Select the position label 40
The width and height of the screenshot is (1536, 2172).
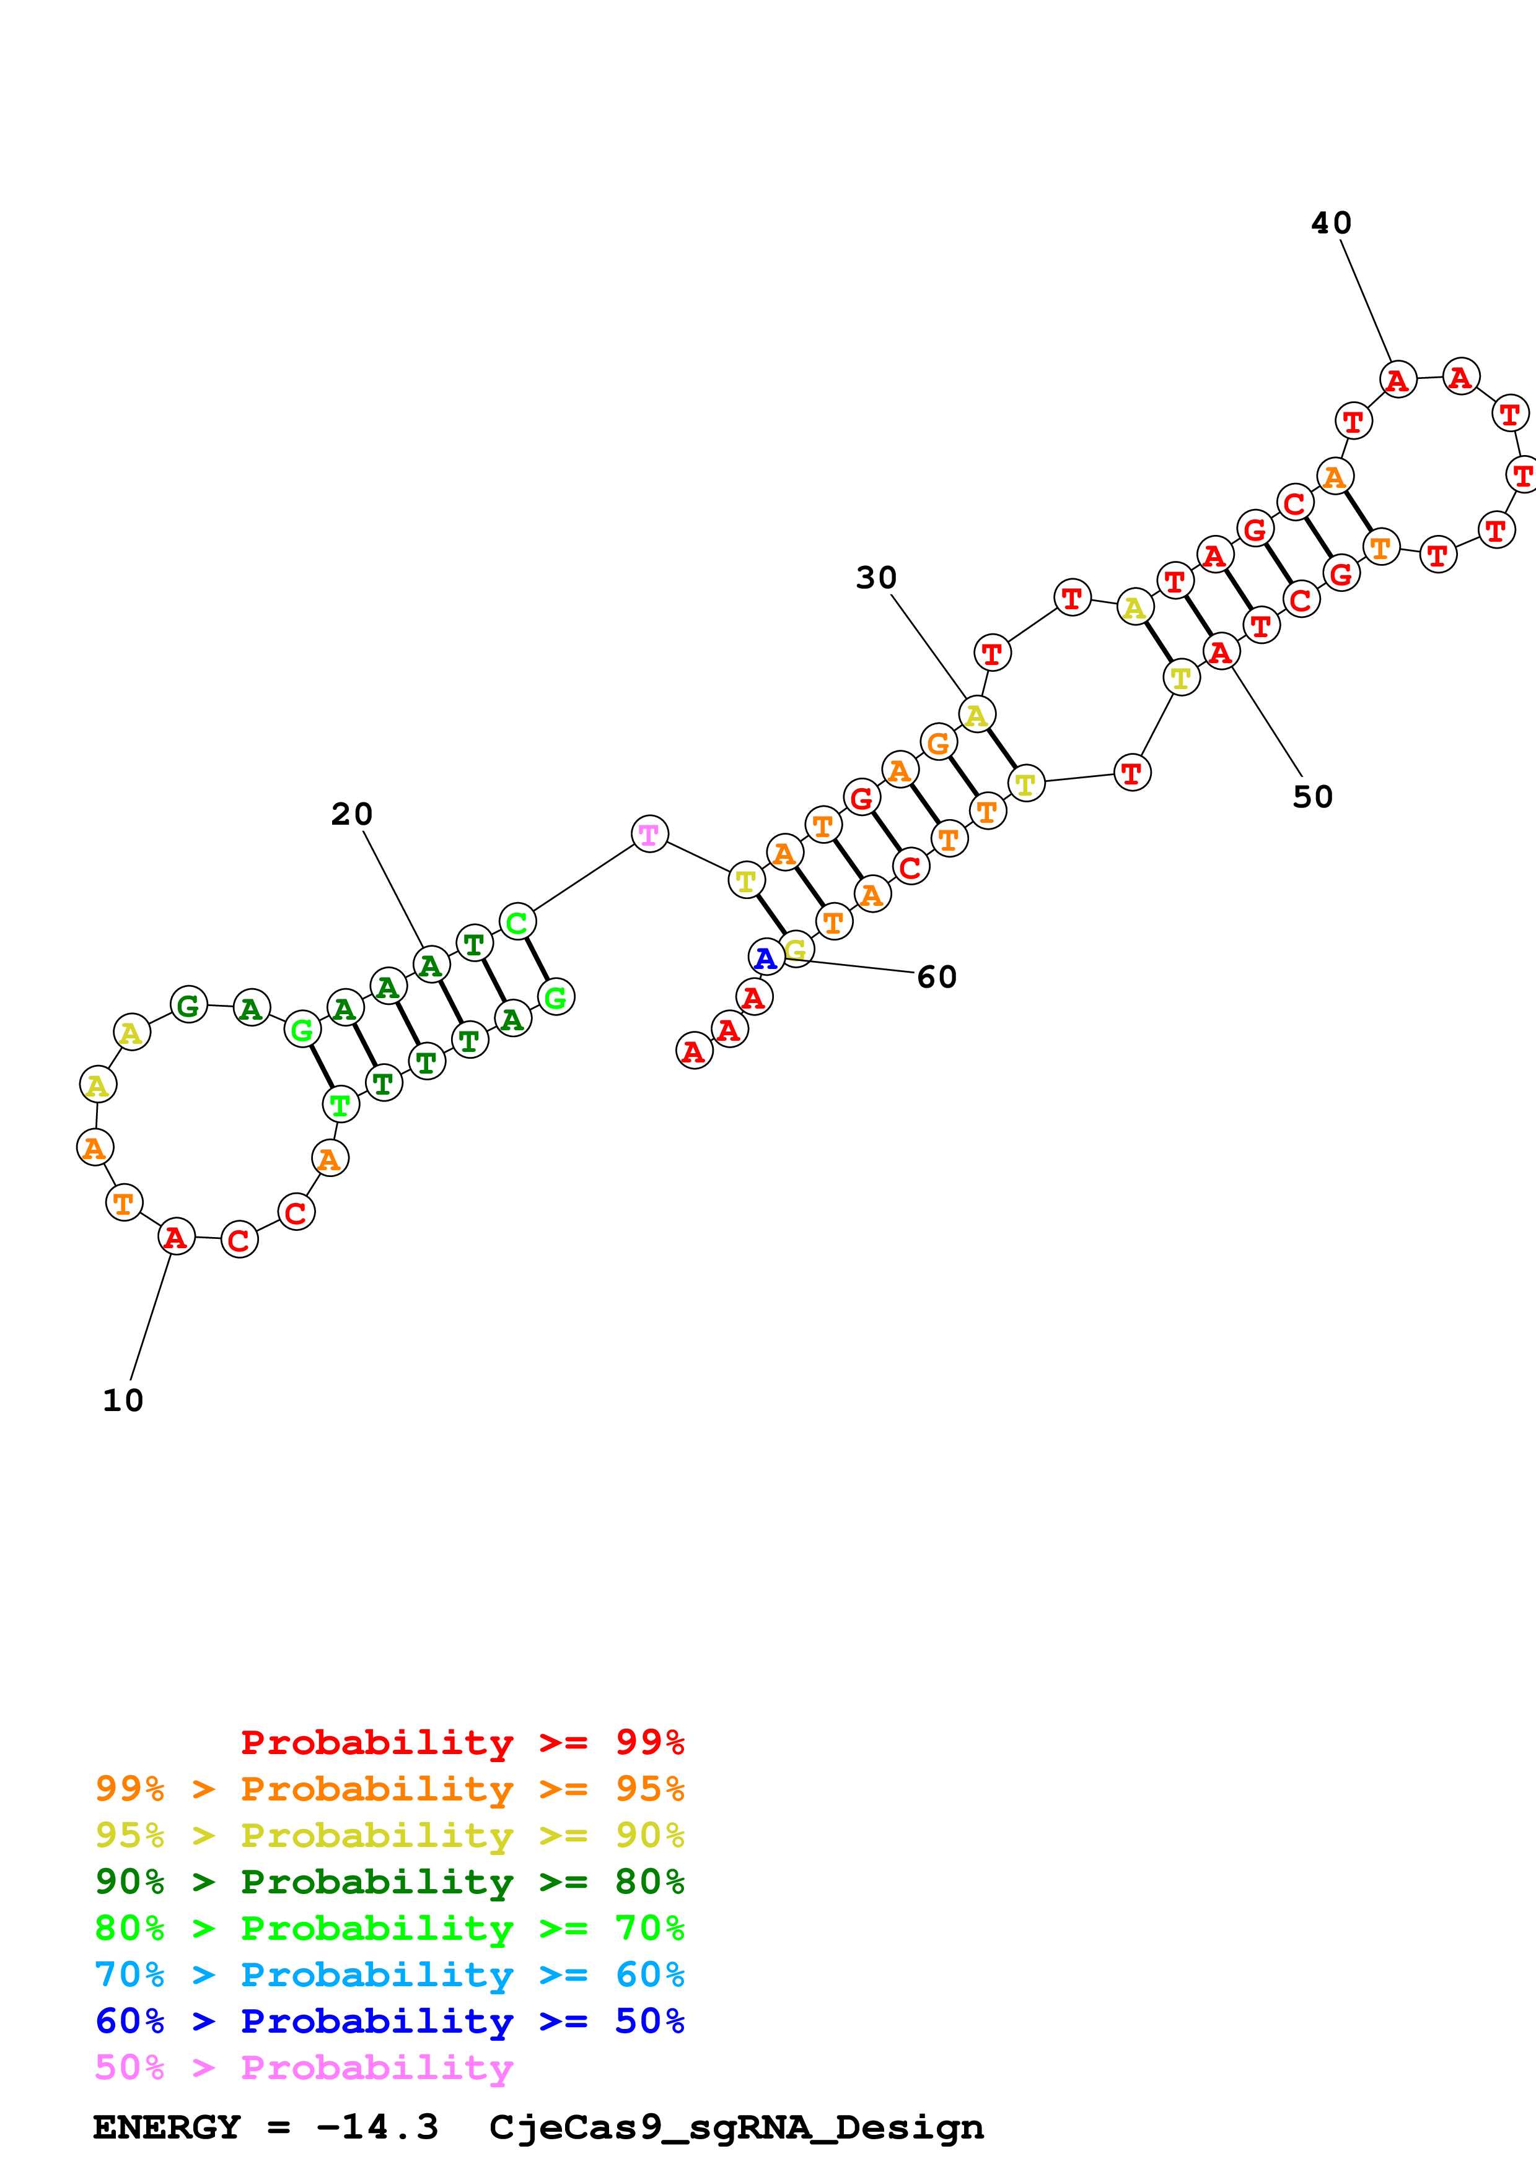[1331, 224]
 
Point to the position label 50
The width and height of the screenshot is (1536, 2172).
[1313, 796]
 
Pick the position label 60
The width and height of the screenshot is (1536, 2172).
[937, 977]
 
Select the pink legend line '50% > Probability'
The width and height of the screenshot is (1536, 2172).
[303, 2068]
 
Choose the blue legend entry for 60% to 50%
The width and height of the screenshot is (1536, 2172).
[389, 2022]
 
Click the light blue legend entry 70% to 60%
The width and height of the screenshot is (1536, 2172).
[389, 1975]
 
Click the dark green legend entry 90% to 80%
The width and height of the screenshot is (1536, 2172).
[389, 1882]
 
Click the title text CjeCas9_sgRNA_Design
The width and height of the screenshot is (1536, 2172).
[736, 2127]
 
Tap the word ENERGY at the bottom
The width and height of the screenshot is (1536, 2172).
[167, 2127]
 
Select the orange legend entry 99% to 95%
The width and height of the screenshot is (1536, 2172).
[389, 1789]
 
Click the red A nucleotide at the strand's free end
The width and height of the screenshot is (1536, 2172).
[694, 1051]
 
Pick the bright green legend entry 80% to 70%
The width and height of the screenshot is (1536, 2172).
[389, 1929]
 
